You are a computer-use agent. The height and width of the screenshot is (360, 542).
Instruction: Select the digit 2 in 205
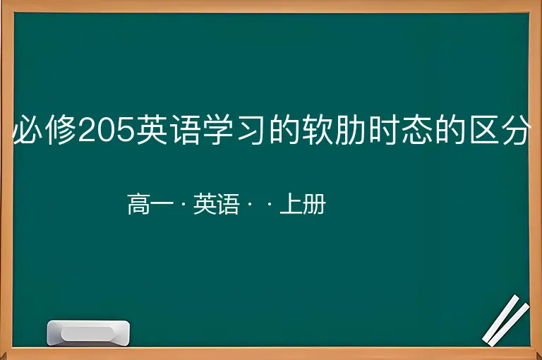[x=88, y=130]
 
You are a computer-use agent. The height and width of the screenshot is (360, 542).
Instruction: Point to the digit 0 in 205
[x=106, y=130]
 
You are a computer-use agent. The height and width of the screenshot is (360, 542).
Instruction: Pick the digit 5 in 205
[x=125, y=130]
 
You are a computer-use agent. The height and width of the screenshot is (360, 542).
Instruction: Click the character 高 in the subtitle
[x=139, y=204]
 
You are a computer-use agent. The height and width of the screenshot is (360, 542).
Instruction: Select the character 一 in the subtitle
[x=162, y=204]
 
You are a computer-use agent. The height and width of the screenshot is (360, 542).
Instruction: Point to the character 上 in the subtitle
[x=291, y=204]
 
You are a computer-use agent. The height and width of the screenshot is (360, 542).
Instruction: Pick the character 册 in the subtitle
[x=315, y=204]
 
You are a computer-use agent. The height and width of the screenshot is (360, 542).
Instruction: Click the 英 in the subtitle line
[x=205, y=204]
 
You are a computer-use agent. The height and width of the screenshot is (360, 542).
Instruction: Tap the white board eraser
[x=88, y=333]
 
